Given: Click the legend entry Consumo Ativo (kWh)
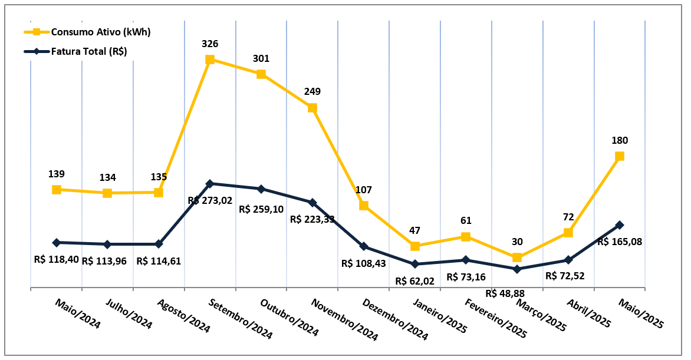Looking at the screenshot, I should (x=100, y=32).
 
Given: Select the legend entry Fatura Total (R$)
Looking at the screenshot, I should (x=88, y=51).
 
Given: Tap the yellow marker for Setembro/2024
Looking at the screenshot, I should (x=210, y=60).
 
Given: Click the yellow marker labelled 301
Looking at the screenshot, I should (x=261, y=74).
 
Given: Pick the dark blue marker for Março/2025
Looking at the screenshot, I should (x=517, y=269).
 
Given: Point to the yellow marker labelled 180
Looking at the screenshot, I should (x=620, y=156).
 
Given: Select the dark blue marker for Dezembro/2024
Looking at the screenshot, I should (x=364, y=246).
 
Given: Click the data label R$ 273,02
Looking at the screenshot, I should (x=210, y=200).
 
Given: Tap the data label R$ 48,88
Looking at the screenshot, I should (x=506, y=293).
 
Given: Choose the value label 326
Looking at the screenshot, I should (x=210, y=44).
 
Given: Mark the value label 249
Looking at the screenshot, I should (x=312, y=92).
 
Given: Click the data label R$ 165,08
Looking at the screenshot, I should (x=620, y=242).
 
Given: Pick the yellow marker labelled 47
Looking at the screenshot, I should (x=415, y=246).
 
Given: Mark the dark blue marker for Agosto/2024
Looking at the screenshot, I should (x=159, y=244).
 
